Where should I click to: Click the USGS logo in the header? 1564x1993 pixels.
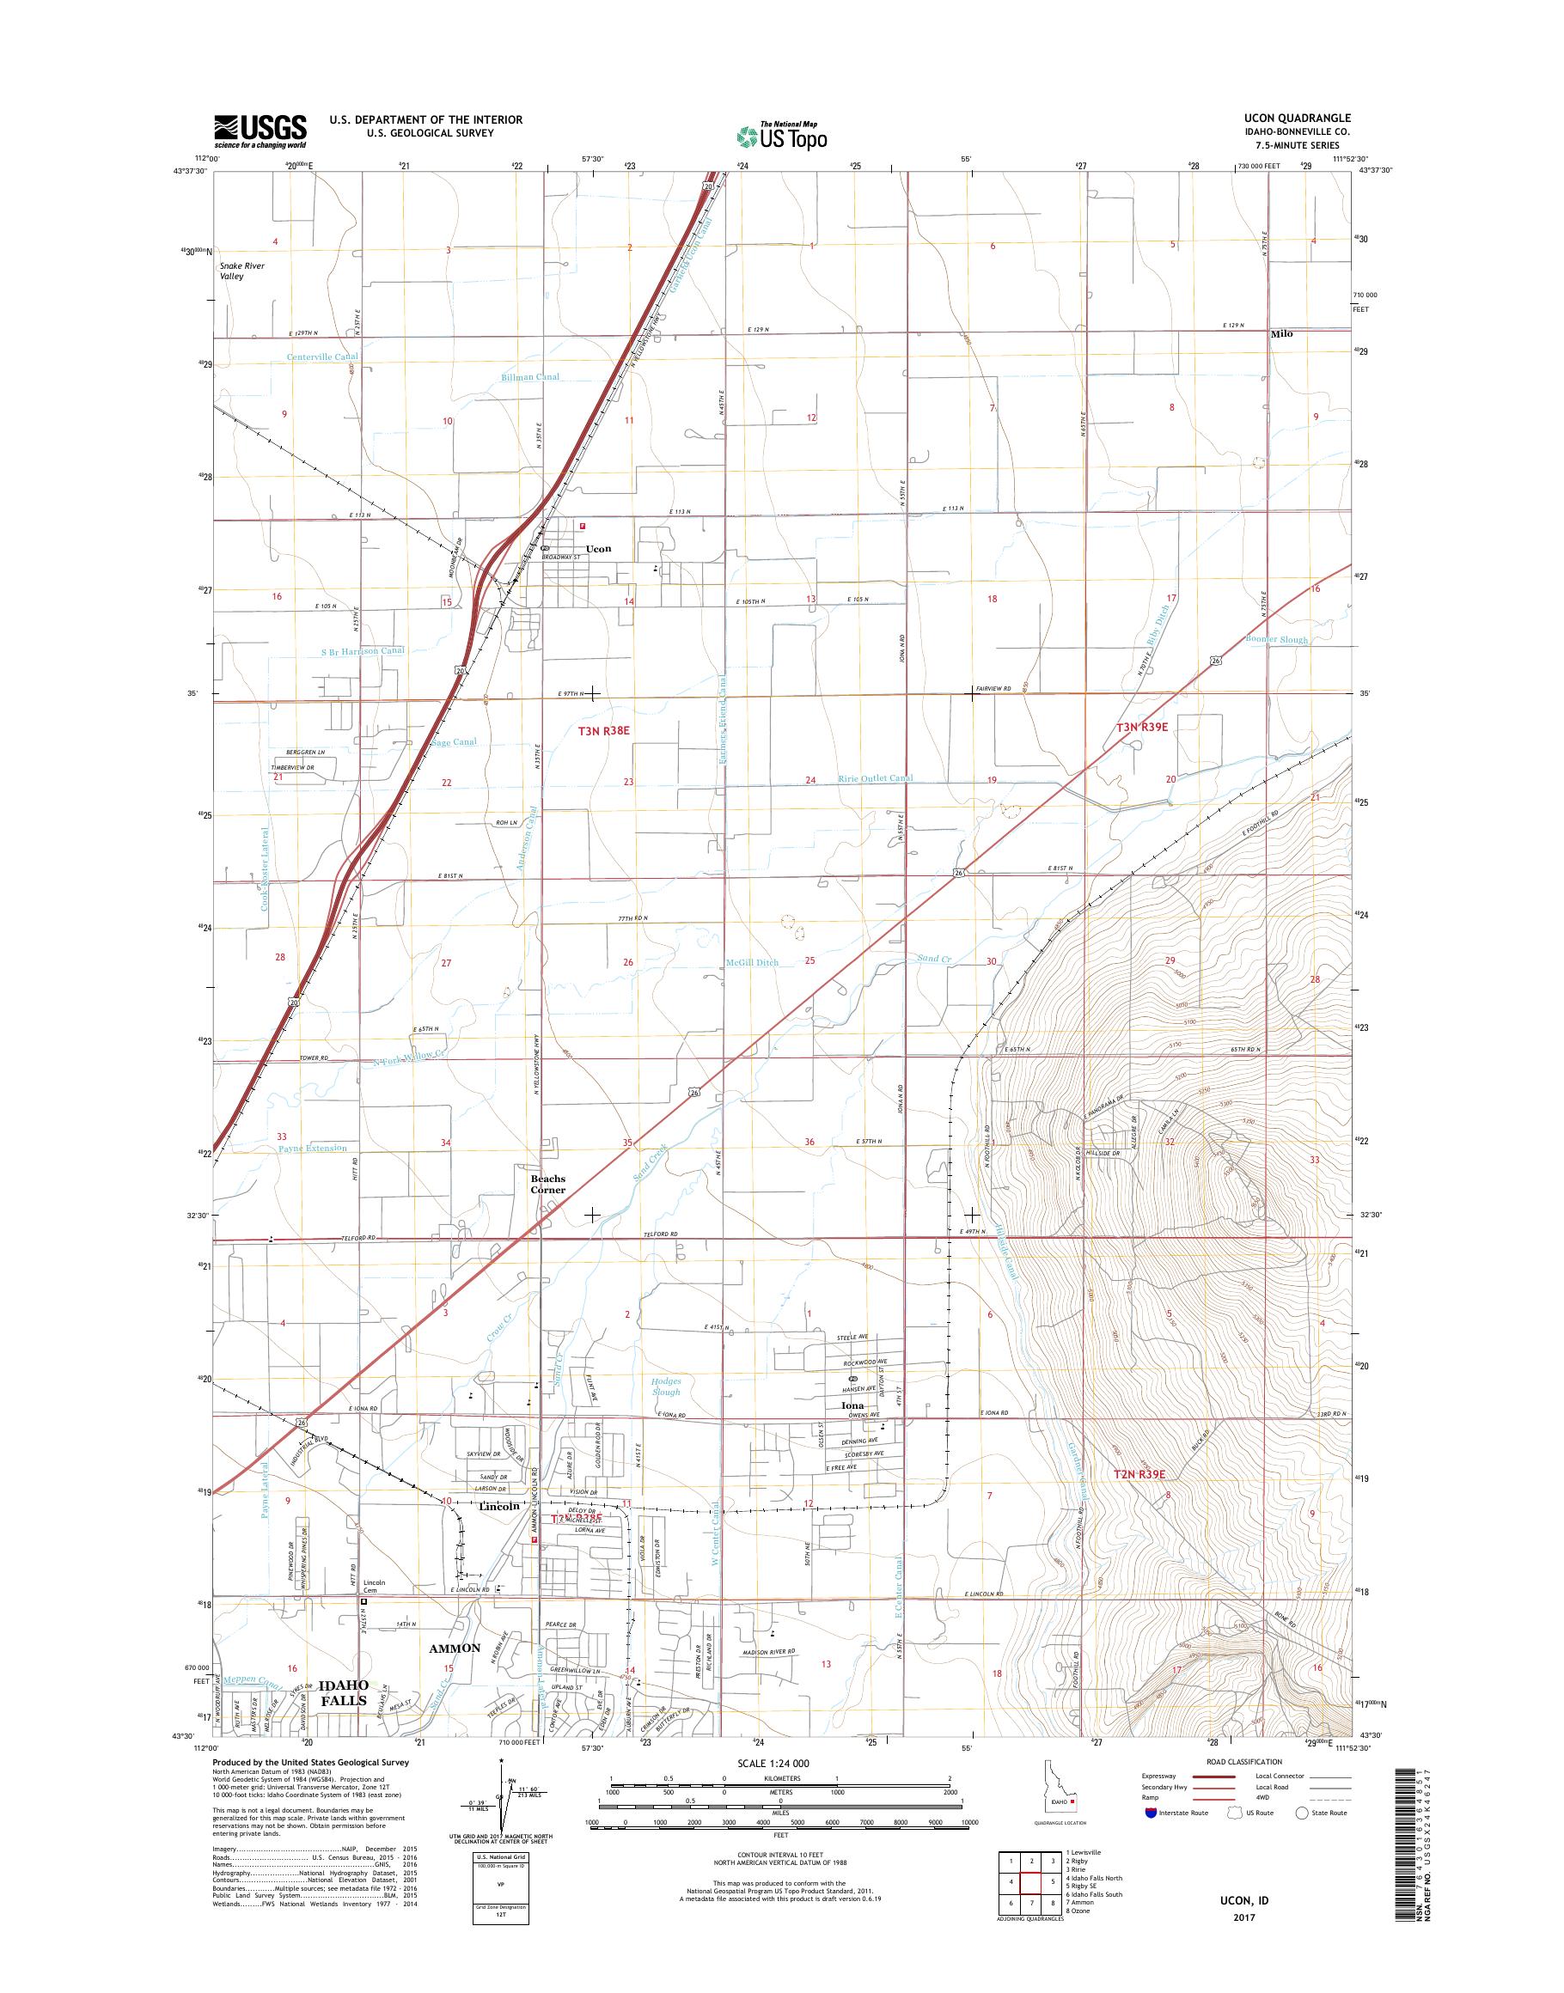pos(260,131)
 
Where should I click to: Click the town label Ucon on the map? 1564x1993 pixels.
pos(598,549)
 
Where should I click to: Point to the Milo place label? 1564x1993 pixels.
pos(1281,334)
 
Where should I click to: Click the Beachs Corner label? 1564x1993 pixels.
pos(548,1185)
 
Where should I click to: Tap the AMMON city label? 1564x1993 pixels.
pos(455,1648)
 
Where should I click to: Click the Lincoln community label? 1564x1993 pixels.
pos(499,1506)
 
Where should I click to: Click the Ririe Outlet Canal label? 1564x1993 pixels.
pos(876,779)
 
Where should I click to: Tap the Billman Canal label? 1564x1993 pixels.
pos(530,377)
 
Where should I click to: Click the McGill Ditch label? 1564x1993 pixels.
pos(752,962)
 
